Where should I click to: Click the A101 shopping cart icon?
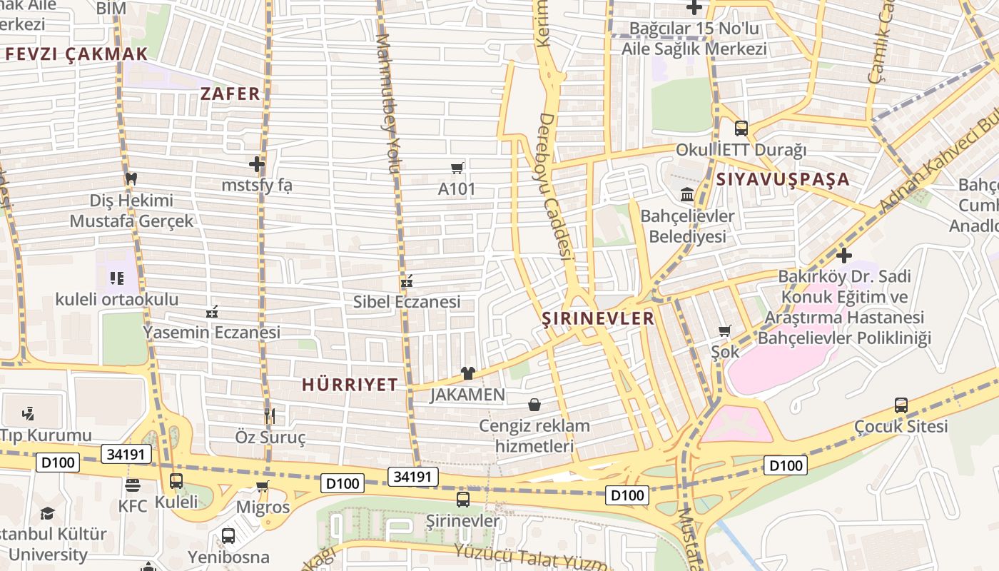pyautogui.click(x=457, y=168)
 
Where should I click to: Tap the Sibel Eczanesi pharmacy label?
pyautogui.click(x=407, y=302)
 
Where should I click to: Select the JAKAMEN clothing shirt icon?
pyautogui.click(x=467, y=373)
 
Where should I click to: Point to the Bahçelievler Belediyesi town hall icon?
pyautogui.click(x=687, y=194)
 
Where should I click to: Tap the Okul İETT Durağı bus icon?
pyautogui.click(x=741, y=128)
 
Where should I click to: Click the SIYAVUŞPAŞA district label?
pyautogui.click(x=783, y=179)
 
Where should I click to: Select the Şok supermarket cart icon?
pyautogui.click(x=725, y=330)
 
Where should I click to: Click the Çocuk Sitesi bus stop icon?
pyautogui.click(x=901, y=405)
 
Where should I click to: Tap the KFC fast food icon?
pyautogui.click(x=133, y=485)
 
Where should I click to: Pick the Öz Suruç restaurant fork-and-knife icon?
pyautogui.click(x=270, y=415)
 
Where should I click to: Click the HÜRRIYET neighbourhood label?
pyautogui.click(x=350, y=385)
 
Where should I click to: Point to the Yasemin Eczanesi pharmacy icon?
pyautogui.click(x=212, y=312)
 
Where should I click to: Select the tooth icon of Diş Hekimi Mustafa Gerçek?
pyautogui.click(x=131, y=178)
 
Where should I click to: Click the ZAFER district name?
pyautogui.click(x=230, y=94)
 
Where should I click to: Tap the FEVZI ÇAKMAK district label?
pyautogui.click(x=76, y=54)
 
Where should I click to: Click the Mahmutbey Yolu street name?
pyautogui.click(x=386, y=103)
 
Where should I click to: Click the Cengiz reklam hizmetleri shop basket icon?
pyautogui.click(x=534, y=405)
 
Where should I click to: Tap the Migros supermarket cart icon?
pyautogui.click(x=263, y=487)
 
